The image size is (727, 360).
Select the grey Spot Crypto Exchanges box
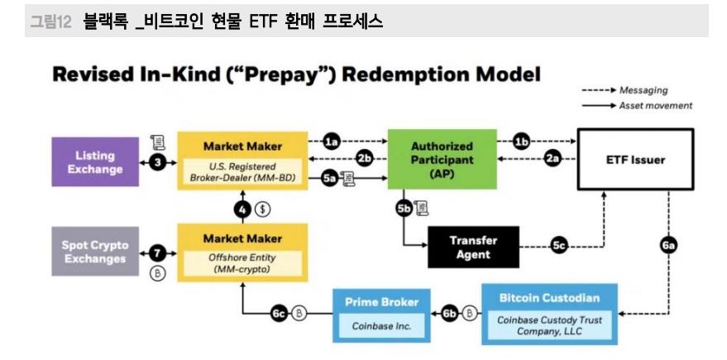pos(93,252)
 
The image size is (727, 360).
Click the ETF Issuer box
pos(633,159)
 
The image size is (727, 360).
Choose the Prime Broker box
pos(382,314)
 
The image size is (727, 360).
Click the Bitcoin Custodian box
pos(549,314)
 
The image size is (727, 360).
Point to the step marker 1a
pos(332,142)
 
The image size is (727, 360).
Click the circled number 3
pos(158,162)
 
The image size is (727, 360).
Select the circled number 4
pos(242,209)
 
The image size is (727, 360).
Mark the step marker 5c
pos(559,246)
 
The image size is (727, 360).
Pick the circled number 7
pos(158,252)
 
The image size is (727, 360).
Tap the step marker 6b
pos(449,314)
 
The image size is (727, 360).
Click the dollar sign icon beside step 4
pos(261,209)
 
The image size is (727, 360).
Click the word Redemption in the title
pos(440,74)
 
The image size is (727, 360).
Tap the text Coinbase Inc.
pos(382,325)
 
